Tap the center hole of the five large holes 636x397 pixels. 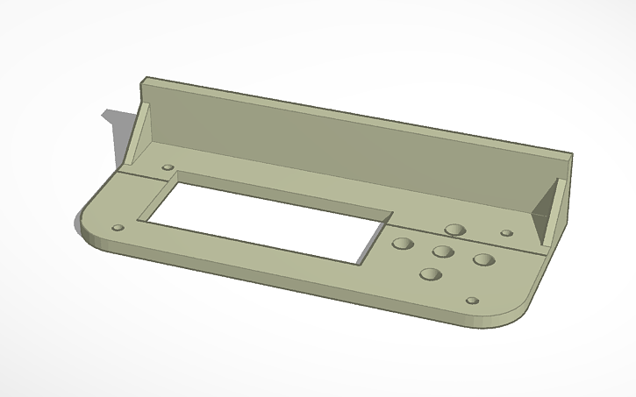pyautogui.click(x=442, y=252)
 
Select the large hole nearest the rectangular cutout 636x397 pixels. pyautogui.click(x=403, y=244)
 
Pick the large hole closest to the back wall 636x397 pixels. pyautogui.click(x=454, y=230)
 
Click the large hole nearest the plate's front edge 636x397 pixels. pyautogui.click(x=430, y=274)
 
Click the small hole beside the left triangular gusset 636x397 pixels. pyautogui.click(x=168, y=167)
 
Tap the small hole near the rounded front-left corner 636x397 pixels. pyautogui.click(x=118, y=228)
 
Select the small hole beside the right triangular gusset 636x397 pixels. pyautogui.click(x=506, y=233)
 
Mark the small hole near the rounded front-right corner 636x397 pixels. pyautogui.click(x=472, y=301)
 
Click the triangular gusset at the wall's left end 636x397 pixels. pyautogui.click(x=140, y=136)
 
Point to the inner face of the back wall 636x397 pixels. pyautogui.click(x=351, y=149)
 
